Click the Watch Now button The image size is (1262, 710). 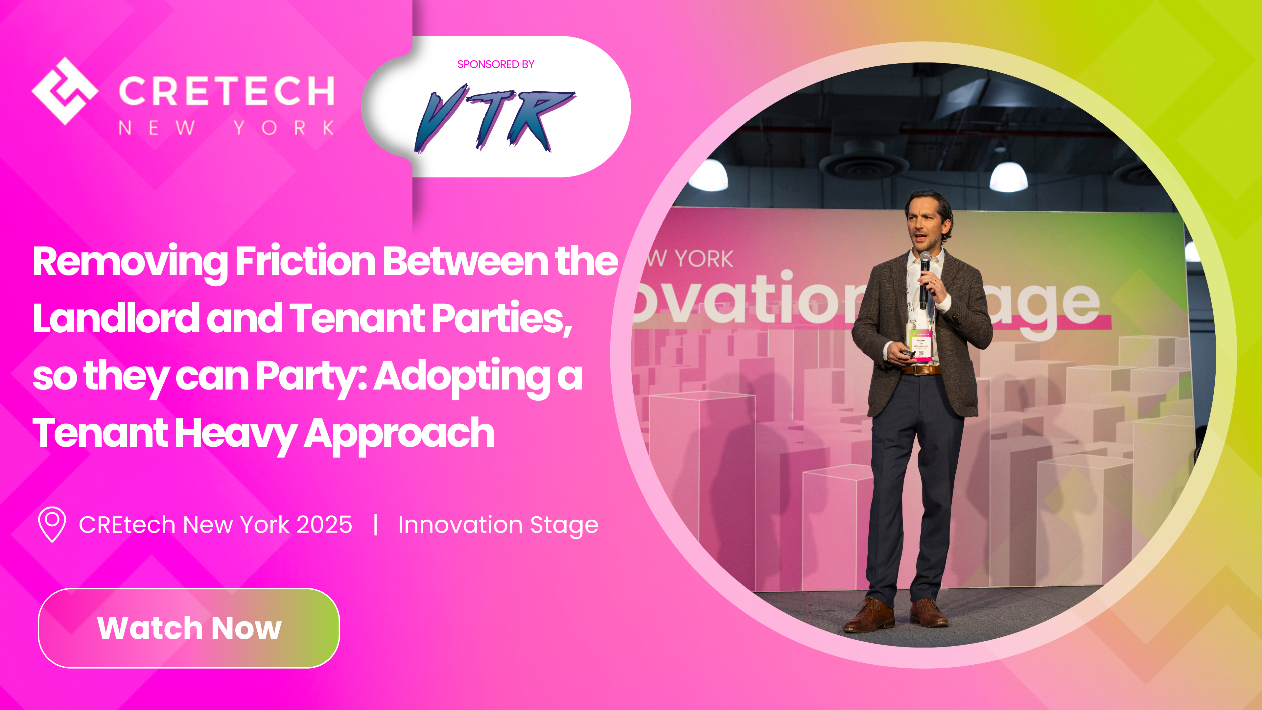tap(189, 628)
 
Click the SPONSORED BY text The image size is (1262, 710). tap(495, 64)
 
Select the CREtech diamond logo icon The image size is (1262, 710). tap(65, 91)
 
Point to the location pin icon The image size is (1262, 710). tap(52, 524)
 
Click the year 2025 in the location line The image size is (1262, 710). tap(324, 525)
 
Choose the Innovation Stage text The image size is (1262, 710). tap(498, 525)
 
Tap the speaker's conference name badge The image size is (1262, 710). tap(921, 344)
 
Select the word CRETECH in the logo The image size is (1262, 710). tap(227, 91)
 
